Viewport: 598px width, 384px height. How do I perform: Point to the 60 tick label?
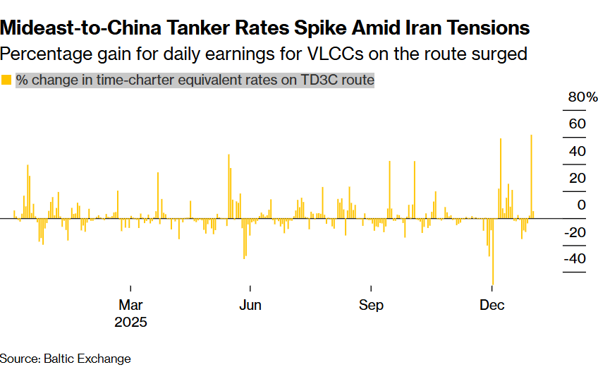pyautogui.click(x=578, y=124)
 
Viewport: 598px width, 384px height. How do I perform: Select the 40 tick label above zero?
pyautogui.click(x=578, y=151)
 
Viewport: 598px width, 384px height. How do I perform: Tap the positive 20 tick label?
pyautogui.click(x=578, y=178)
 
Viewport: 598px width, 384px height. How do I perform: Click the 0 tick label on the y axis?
pyautogui.click(x=582, y=205)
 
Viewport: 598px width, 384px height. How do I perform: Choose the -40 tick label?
pyautogui.click(x=575, y=258)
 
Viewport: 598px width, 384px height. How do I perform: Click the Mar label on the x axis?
pyautogui.click(x=130, y=305)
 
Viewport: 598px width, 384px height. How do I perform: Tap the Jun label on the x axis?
pyautogui.click(x=250, y=305)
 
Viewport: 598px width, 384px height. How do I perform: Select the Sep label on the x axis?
pyautogui.click(x=371, y=305)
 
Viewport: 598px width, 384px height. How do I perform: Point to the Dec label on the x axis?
pyautogui.click(x=492, y=305)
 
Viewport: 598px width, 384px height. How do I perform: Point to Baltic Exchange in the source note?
pyautogui.click(x=87, y=359)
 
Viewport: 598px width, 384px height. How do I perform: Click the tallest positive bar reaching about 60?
pyautogui.click(x=530, y=176)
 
